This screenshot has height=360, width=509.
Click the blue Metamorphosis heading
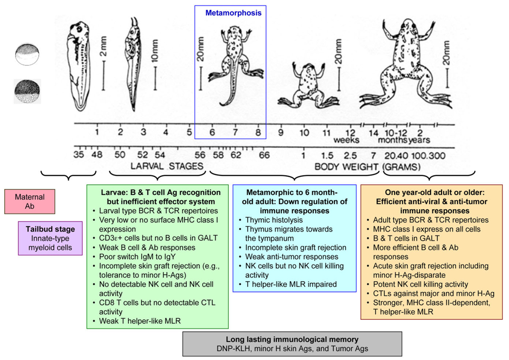[x=233, y=13]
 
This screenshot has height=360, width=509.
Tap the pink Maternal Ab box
[x=30, y=202]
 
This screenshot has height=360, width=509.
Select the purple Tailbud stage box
[x=50, y=238]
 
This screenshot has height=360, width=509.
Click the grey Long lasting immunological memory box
[x=292, y=344]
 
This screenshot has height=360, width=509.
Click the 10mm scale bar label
[x=155, y=51]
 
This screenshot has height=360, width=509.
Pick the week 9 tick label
[x=281, y=132]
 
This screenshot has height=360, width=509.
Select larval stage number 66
[x=264, y=155]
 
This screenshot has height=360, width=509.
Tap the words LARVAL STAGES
[x=167, y=166]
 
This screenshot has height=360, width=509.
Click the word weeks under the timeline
[x=347, y=140]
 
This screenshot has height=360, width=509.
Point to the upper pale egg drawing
[x=28, y=54]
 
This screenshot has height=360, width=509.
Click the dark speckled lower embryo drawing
[x=28, y=92]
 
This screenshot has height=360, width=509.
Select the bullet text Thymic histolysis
[x=274, y=220]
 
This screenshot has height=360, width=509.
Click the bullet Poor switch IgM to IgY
[x=137, y=256]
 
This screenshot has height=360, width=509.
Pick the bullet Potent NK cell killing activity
[x=420, y=284]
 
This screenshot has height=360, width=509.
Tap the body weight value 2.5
[x=350, y=156]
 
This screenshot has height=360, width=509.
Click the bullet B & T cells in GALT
[x=406, y=238]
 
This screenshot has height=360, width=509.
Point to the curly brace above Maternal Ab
[x=68, y=175]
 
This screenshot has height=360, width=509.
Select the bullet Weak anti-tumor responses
[x=291, y=256]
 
